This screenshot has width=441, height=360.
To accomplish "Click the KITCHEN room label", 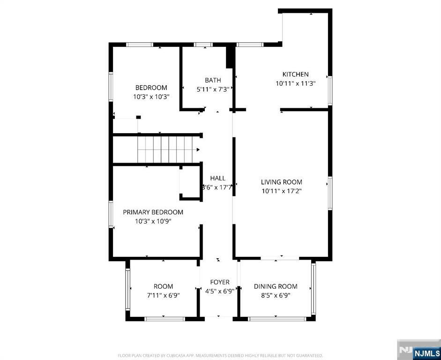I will click(x=295, y=75).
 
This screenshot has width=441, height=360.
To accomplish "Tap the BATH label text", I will click(x=213, y=80).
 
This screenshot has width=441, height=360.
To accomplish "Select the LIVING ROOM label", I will click(x=282, y=182).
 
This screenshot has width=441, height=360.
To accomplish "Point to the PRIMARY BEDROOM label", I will click(x=153, y=212).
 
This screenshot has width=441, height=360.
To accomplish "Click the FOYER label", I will click(x=219, y=282).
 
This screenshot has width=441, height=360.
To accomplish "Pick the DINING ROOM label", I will click(x=276, y=286).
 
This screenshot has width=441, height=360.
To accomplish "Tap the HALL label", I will click(x=217, y=178).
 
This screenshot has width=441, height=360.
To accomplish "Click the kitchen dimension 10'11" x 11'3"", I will click(x=295, y=83).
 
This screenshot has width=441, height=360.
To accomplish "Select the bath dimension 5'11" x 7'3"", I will click(x=213, y=89).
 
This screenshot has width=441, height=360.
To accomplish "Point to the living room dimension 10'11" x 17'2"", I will click(x=282, y=191).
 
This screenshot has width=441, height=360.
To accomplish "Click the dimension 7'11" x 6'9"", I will click(x=163, y=295).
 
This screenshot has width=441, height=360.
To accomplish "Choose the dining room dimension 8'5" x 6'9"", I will click(x=276, y=295).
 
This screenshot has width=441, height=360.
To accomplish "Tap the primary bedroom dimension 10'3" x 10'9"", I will click(x=153, y=221).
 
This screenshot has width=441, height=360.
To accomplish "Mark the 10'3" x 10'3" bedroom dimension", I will click(x=151, y=97).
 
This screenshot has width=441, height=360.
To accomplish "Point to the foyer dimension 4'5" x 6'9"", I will click(x=219, y=291).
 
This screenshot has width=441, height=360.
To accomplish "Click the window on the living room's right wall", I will click(x=330, y=193).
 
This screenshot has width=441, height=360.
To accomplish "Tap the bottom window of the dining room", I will click(x=276, y=319).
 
